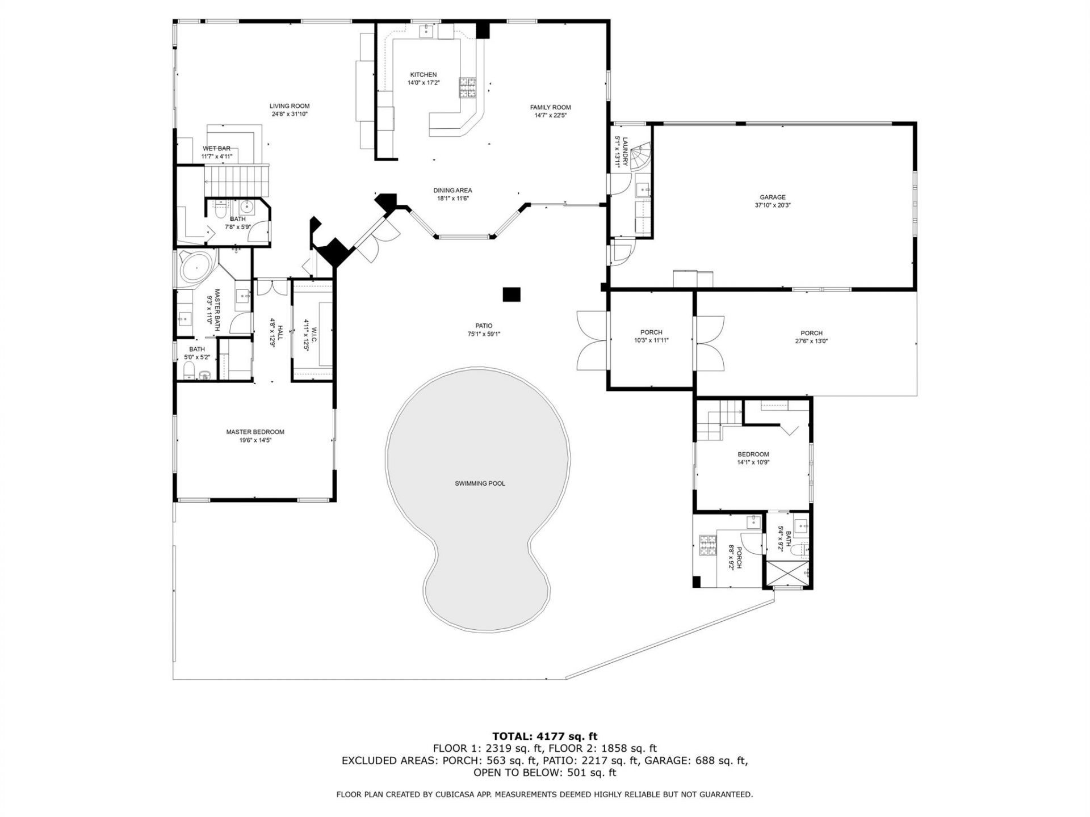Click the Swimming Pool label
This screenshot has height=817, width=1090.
[x=480, y=483]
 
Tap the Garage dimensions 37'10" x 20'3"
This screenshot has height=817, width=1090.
[x=773, y=205]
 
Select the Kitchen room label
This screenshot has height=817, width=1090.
[x=424, y=75]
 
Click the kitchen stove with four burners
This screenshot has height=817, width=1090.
[x=468, y=88]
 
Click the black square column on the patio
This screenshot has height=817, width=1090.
[x=512, y=294]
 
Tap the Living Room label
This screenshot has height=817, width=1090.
[x=290, y=106]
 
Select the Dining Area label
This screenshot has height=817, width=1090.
[x=452, y=191]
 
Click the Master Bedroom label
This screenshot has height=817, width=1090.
[x=255, y=432]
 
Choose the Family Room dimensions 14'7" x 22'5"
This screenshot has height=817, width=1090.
[x=550, y=115]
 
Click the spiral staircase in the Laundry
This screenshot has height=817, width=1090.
[x=640, y=157]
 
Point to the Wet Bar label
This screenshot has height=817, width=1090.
[x=216, y=149]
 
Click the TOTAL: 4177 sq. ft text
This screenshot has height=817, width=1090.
[x=544, y=737]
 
